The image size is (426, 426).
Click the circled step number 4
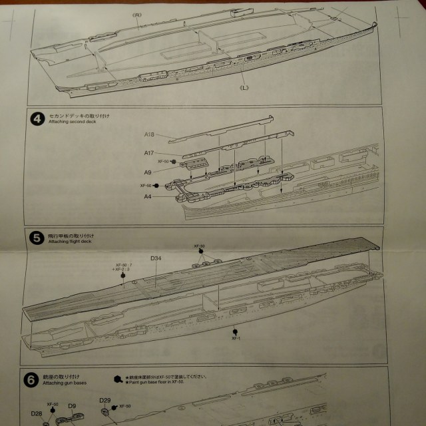coord(37,119)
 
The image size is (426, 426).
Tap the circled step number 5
coord(37,237)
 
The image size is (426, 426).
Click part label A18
coord(150,135)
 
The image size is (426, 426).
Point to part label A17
coord(150,152)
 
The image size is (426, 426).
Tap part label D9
coord(72,405)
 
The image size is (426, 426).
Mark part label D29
coord(105,400)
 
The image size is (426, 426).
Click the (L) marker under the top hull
coord(244,87)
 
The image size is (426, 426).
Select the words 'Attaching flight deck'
coord(67,240)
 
